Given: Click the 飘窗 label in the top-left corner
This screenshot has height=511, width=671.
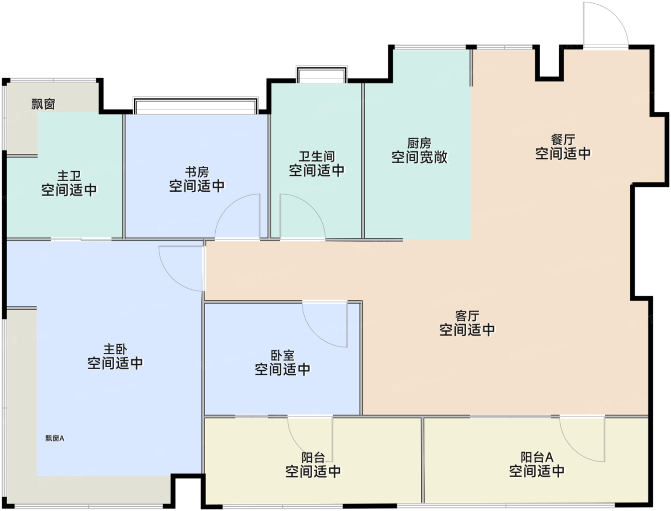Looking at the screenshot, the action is click(x=44, y=104).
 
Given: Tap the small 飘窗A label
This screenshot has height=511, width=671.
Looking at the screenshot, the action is click(x=55, y=438).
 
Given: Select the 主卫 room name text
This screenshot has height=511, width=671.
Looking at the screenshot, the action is click(x=69, y=176).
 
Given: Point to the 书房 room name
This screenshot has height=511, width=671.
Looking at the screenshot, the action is click(x=197, y=172).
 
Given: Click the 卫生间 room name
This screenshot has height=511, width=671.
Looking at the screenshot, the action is click(x=317, y=156).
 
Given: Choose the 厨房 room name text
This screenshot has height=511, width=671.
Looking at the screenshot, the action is click(x=419, y=143).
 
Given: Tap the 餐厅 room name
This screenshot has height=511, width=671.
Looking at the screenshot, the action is click(x=563, y=139).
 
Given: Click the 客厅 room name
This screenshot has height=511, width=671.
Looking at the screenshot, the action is click(x=467, y=316).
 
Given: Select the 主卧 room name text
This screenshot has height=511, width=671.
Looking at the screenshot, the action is click(x=115, y=349).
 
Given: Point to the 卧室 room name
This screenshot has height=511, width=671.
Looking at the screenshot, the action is click(x=282, y=355).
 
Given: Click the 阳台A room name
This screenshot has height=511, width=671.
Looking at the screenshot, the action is click(x=537, y=457).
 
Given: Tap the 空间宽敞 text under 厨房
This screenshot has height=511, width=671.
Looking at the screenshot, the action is click(x=419, y=157).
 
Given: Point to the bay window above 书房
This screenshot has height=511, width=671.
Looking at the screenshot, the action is click(x=196, y=106).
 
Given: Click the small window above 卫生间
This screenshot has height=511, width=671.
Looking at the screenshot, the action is click(x=322, y=74).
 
